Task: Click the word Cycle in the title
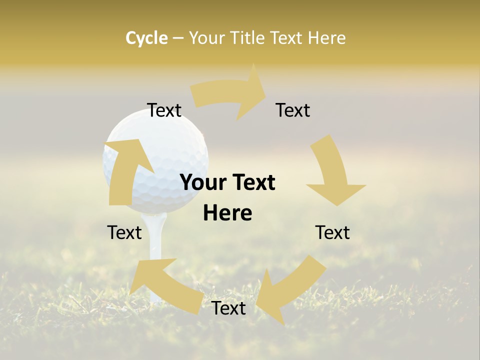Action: coord(146,38)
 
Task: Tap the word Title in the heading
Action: coord(249,38)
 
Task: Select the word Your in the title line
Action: coord(207,38)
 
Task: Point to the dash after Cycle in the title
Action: coord(178,38)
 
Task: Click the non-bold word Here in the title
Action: coord(326,38)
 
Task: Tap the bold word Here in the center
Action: coord(227,213)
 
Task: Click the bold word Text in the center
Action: coord(252,183)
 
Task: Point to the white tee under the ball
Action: coord(156,240)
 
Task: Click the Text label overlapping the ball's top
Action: coord(164,110)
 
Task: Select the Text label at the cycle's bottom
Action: coord(228,308)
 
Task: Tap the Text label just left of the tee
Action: coord(125,232)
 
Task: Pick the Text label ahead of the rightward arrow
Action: coord(293,110)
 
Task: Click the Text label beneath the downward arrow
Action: coord(332,232)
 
